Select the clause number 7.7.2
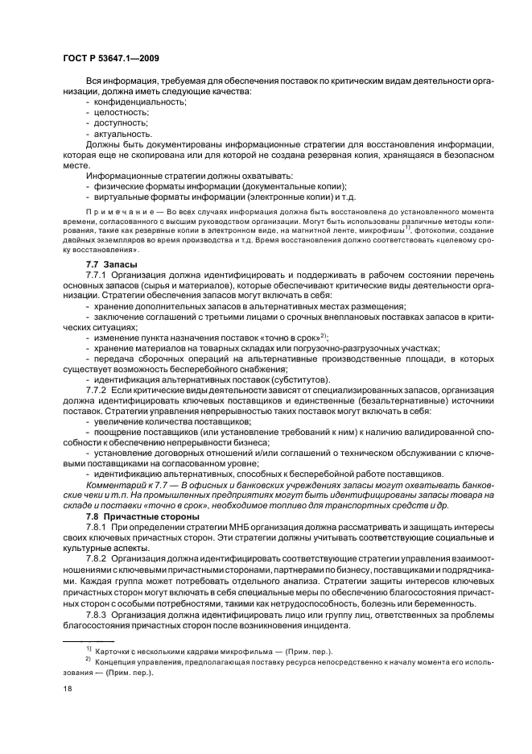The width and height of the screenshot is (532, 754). click(x=98, y=390)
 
